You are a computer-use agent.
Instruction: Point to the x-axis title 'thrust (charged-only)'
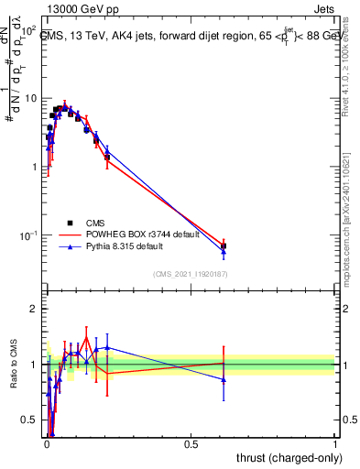point(286,458)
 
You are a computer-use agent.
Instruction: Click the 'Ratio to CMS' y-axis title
point(13,365)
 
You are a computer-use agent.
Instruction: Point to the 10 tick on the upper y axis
point(31,98)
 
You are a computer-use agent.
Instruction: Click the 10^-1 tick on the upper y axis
point(29,235)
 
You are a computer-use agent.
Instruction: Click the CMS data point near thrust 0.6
point(224,245)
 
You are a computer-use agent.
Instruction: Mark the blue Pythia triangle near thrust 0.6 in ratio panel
point(224,379)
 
